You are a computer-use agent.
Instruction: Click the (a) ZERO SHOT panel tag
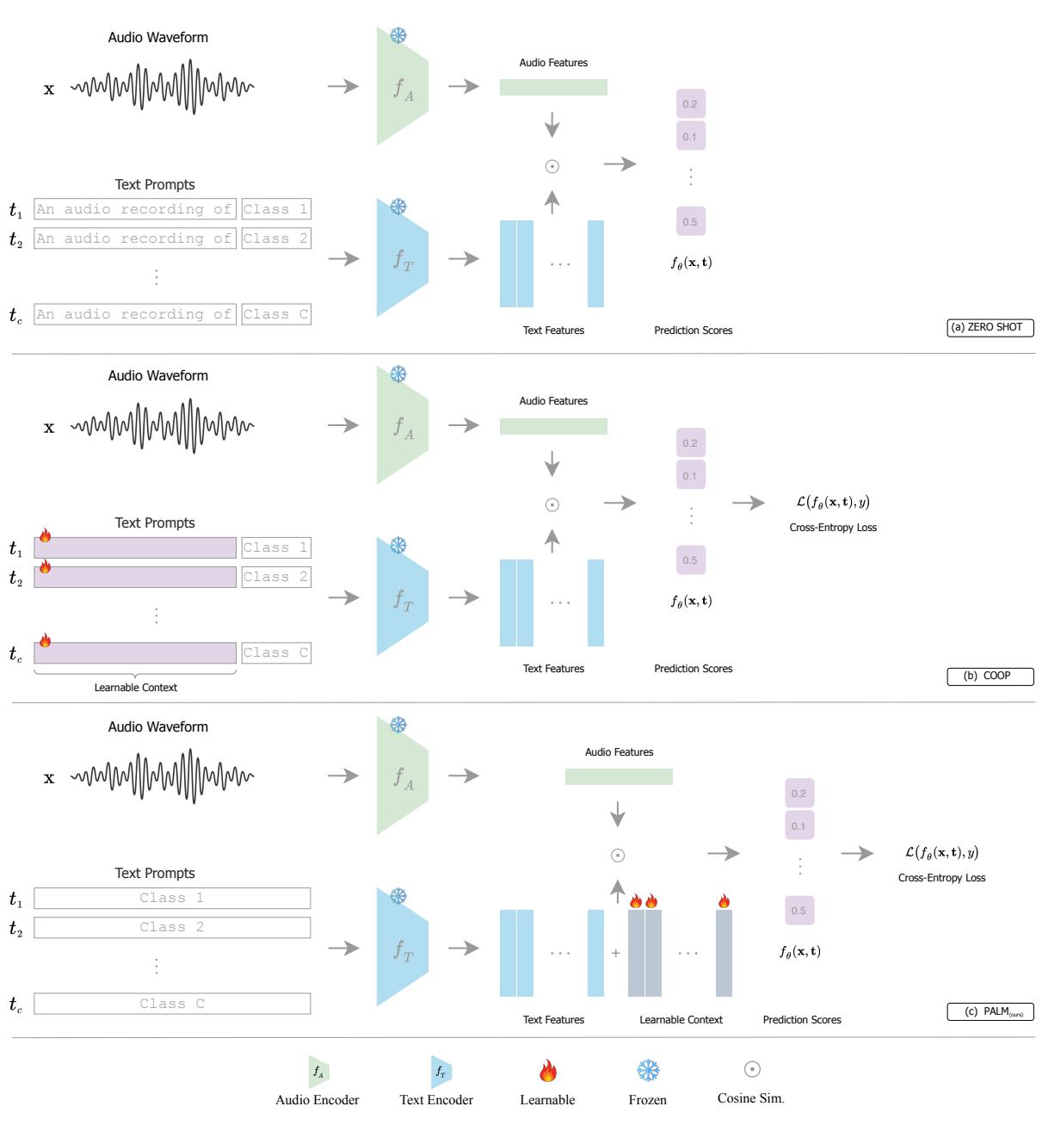990,327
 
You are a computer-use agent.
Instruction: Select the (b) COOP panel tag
990,677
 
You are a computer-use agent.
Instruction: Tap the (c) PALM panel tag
990,1012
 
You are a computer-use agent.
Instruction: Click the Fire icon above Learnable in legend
547,1071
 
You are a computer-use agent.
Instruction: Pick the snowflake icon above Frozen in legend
647,1071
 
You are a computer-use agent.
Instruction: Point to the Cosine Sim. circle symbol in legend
751,1069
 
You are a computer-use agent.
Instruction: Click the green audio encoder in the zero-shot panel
402,87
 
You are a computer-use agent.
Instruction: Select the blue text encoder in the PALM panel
402,948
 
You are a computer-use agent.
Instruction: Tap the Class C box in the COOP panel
275,653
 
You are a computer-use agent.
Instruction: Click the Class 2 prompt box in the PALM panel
172,928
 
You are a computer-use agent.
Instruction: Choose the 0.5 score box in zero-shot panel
690,222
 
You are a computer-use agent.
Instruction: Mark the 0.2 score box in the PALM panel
798,794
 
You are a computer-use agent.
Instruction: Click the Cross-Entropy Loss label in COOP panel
832,528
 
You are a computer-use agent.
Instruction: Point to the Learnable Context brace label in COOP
135,688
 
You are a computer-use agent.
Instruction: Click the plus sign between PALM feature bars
615,954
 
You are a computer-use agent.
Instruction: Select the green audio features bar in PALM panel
619,777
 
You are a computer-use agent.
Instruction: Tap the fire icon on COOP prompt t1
45,536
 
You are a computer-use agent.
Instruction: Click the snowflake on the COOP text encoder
398,546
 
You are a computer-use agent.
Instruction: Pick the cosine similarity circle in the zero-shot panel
552,166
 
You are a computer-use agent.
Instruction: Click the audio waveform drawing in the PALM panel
163,776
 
